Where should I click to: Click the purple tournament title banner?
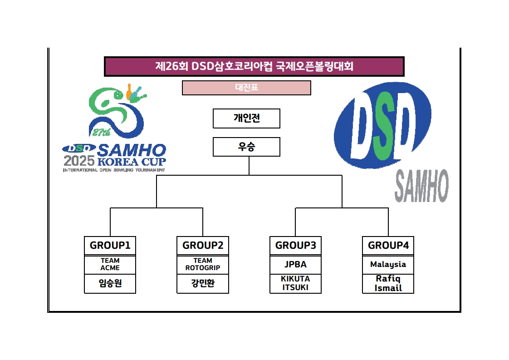coord(254,66)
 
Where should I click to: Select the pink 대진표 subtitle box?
coord(246,88)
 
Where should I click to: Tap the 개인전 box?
coord(246,118)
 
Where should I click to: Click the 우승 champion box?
coord(246,147)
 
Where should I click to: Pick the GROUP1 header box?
coord(110,246)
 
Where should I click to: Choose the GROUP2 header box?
coord(203,246)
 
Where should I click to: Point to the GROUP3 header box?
coord(295,246)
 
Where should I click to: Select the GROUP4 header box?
coord(388,246)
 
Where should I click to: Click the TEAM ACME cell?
coord(110,264)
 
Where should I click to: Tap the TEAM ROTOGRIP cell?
coord(203,264)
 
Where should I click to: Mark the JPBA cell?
coord(295,264)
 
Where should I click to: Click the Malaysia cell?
coord(388,264)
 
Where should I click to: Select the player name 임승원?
coord(110,284)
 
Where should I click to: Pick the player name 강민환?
coord(203,284)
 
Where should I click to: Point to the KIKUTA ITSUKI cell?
coord(295,283)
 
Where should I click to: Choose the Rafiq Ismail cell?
coord(388,283)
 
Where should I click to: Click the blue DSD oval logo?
coord(382,125)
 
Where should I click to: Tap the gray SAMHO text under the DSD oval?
coord(421,186)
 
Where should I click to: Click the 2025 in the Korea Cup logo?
coord(79,161)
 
